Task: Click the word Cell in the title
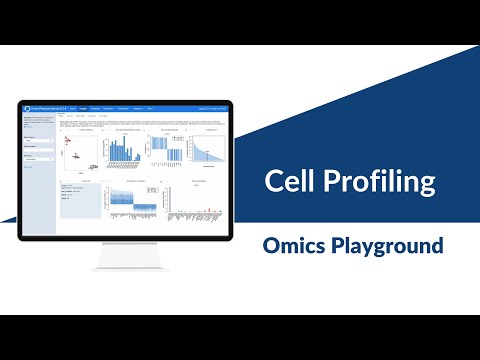point(290,181)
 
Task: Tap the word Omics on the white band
point(294,244)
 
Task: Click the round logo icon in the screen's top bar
point(26,108)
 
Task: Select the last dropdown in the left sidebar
point(38,158)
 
